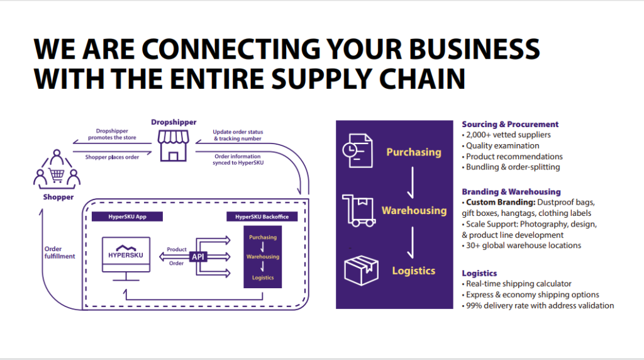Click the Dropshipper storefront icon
pos(173,145)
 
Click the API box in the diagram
pos(198,257)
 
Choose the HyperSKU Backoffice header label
pos(262,217)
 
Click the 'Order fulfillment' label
pos(60,252)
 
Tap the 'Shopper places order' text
pos(113,157)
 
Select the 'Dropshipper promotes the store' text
pos(113,133)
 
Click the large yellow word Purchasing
pos(413,152)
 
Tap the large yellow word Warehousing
pos(414,210)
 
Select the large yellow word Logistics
pos(413,271)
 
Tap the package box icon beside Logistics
pos(361,270)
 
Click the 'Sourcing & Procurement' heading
pos(510,124)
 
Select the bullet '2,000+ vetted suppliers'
pos(508,135)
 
